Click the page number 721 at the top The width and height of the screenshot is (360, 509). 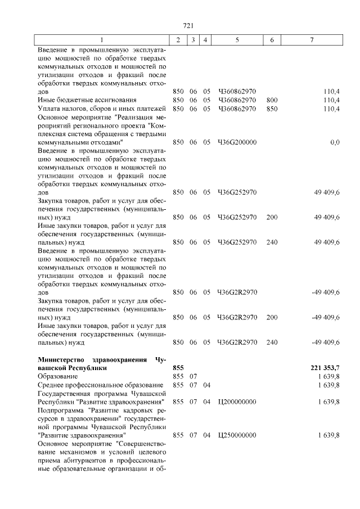188,25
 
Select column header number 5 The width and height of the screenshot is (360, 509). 237,40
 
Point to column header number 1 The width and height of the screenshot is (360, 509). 102,40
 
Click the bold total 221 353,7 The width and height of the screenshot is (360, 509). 325,367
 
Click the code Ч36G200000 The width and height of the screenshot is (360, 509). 237,142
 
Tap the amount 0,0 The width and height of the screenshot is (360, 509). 334,142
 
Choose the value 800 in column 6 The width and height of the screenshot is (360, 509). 272,100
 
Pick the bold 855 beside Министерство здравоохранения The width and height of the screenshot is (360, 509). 178,367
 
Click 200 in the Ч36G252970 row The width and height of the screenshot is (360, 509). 272,217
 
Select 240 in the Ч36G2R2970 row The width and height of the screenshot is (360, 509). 272,342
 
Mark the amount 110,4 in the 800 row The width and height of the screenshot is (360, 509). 331,100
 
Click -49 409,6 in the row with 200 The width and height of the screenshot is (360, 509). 325,317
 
